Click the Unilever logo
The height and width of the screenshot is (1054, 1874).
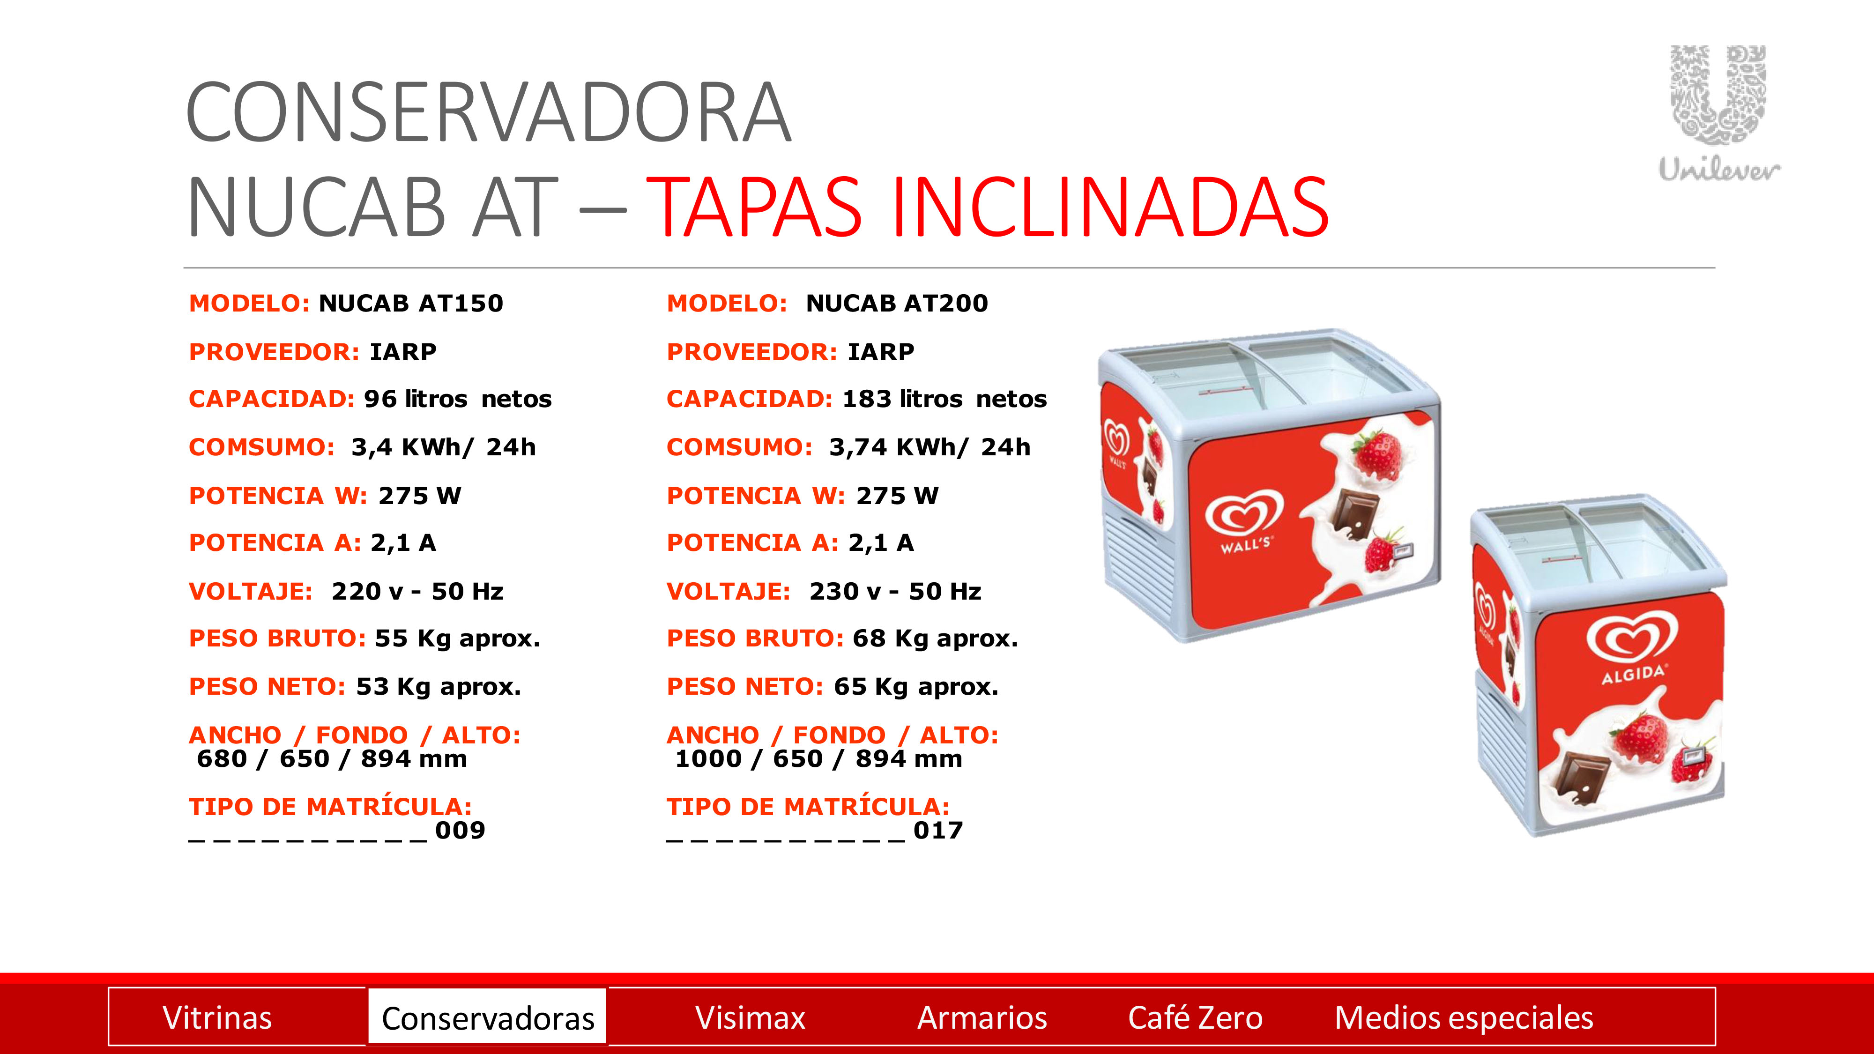(x=1719, y=113)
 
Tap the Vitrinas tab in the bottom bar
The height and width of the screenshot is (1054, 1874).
(x=217, y=1017)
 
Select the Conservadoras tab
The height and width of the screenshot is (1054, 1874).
(x=487, y=1017)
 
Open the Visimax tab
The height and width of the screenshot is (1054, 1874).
(x=750, y=1017)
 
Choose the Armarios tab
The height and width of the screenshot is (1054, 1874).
(x=982, y=1017)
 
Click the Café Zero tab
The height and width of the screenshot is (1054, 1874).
(x=1195, y=1017)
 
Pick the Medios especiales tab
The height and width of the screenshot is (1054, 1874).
(x=1464, y=1017)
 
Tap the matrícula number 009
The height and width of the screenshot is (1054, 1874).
(x=460, y=830)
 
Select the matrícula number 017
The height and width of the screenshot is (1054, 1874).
(x=938, y=830)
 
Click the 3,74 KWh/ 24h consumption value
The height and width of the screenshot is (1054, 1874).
(x=930, y=446)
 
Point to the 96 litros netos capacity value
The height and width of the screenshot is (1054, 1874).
(x=458, y=399)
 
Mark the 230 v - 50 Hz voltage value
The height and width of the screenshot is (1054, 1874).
(x=895, y=591)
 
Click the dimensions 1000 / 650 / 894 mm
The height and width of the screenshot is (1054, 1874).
(x=818, y=759)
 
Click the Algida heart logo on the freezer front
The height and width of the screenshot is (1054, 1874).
(x=1632, y=646)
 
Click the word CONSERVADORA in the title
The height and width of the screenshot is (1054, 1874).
(x=489, y=112)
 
